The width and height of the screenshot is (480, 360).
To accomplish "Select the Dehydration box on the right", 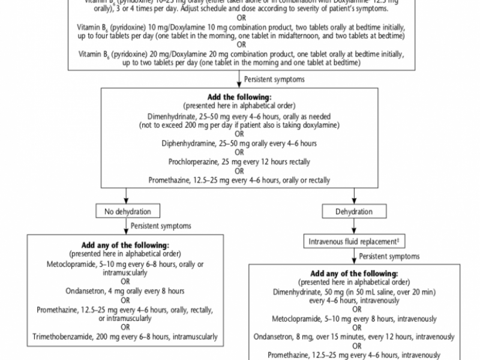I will point(355,211).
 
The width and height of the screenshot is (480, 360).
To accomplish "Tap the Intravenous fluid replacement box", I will point(355,241).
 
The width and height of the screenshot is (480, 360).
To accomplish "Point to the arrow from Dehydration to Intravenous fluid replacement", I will point(355,227).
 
